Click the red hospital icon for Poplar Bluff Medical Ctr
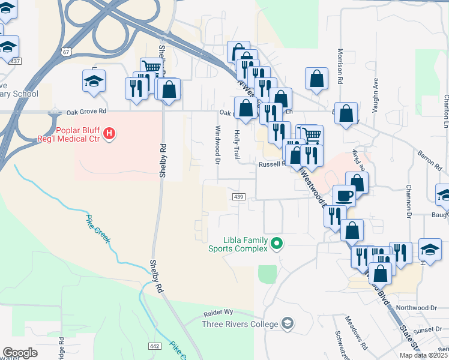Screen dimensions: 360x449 [x=109, y=134]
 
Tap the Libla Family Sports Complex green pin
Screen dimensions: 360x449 [x=277, y=243]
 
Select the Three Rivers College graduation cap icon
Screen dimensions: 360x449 [x=288, y=324]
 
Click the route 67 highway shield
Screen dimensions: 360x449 [x=65, y=52]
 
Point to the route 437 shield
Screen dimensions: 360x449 [x=15, y=61]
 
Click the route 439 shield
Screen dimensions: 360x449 [x=238, y=197]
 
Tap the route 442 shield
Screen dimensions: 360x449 [x=154, y=346]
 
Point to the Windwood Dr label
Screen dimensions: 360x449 [x=217, y=143]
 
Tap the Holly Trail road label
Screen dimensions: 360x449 [x=237, y=145]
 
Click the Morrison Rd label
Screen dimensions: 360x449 [x=340, y=66]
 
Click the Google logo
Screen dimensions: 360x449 [x=20, y=353]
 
